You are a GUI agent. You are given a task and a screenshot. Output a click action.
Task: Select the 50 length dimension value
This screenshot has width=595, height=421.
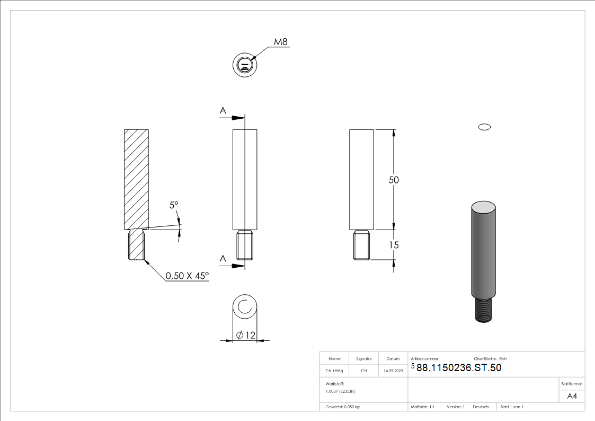(x=394, y=180)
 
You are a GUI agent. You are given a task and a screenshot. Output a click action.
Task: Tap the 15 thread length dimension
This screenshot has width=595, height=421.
(x=394, y=245)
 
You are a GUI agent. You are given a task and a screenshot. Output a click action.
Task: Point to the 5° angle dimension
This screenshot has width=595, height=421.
(x=174, y=205)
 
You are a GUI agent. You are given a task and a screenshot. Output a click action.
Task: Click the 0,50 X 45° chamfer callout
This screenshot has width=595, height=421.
(x=187, y=276)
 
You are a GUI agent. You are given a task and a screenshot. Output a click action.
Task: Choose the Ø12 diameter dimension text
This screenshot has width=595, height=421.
(x=244, y=335)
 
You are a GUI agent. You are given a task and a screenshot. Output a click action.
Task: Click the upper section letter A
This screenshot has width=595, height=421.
(x=223, y=110)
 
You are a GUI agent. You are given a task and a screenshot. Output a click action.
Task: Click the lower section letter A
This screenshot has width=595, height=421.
(x=223, y=258)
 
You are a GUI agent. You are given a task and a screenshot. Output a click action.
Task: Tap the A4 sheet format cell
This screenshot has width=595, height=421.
(x=572, y=396)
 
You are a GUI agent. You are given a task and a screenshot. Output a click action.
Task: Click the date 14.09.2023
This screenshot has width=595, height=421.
(x=393, y=371)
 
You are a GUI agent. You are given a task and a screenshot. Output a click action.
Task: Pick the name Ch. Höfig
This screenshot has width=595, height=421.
(x=334, y=371)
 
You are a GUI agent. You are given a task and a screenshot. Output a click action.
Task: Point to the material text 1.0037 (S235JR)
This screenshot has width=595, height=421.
(x=340, y=391)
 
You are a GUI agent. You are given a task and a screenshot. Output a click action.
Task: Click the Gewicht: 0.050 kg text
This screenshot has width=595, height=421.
(x=342, y=407)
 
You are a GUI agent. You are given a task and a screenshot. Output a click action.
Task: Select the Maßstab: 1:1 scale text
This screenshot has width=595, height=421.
(x=422, y=407)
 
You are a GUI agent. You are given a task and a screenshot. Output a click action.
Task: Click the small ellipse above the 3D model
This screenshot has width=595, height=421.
(x=484, y=127)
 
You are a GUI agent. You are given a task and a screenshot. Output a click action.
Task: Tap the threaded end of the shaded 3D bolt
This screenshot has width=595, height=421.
(x=483, y=310)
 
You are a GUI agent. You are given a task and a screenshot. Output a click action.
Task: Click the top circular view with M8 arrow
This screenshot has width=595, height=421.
(x=244, y=65)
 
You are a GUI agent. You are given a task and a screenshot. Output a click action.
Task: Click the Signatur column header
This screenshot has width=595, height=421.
(x=364, y=359)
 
